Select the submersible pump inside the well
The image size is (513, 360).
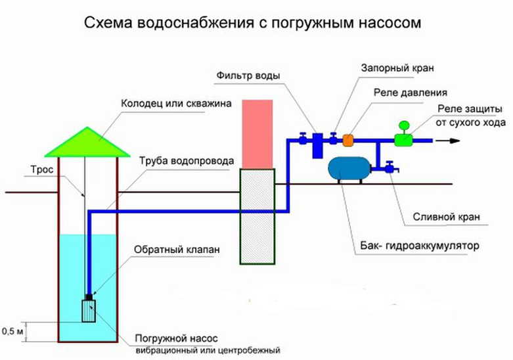click(88, 309)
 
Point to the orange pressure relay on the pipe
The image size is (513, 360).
click(349, 139)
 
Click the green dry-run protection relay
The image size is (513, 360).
click(403, 139)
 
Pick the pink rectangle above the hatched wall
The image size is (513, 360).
click(256, 133)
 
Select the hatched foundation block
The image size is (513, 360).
click(256, 215)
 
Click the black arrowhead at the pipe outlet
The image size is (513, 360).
click(453, 140)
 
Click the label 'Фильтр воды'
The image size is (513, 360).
click(248, 76)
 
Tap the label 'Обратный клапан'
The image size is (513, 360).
click(167, 250)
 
